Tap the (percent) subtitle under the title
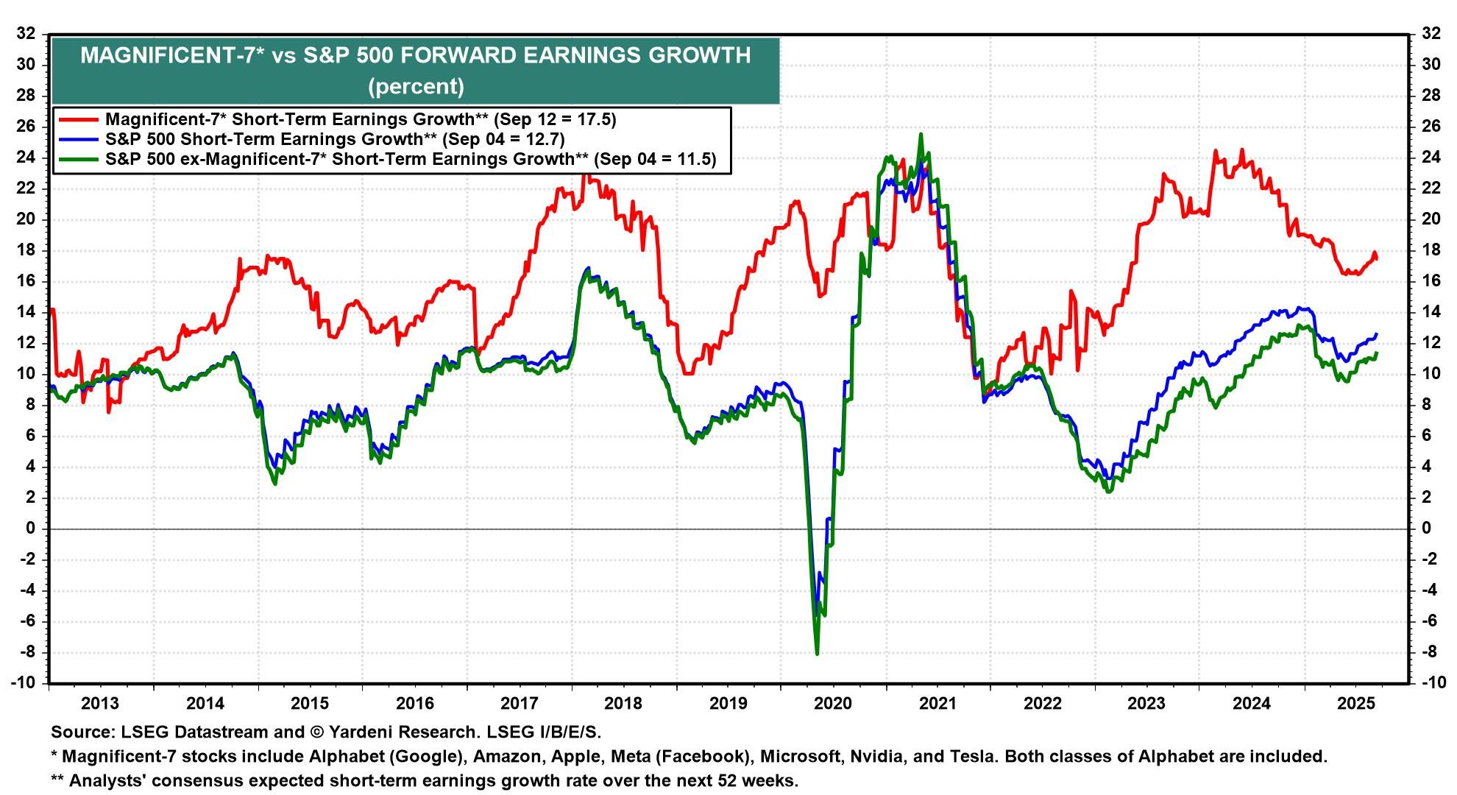tap(416, 87)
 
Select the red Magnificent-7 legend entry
tap(361, 119)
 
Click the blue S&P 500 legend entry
tap(335, 139)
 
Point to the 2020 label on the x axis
tap(834, 703)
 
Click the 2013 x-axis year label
tap(100, 703)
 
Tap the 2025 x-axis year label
tap(1356, 703)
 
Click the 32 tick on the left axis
tap(26, 33)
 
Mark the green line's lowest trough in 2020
tap(817, 654)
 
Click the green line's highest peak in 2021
tap(921, 135)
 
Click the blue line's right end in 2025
tap(1377, 334)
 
